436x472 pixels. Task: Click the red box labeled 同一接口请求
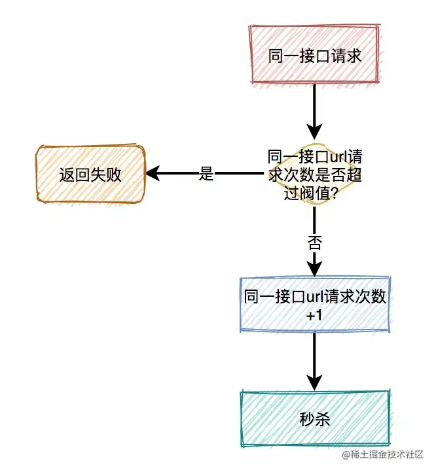314,55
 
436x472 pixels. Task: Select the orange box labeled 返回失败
90,174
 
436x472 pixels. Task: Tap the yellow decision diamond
314,174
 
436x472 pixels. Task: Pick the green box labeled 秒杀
314,419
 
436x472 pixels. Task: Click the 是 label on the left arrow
206,174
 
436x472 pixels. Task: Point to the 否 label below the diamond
314,243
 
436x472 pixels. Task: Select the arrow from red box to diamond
314,111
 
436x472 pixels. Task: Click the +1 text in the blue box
315,316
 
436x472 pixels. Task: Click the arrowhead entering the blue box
314,269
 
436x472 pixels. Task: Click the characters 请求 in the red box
346,55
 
